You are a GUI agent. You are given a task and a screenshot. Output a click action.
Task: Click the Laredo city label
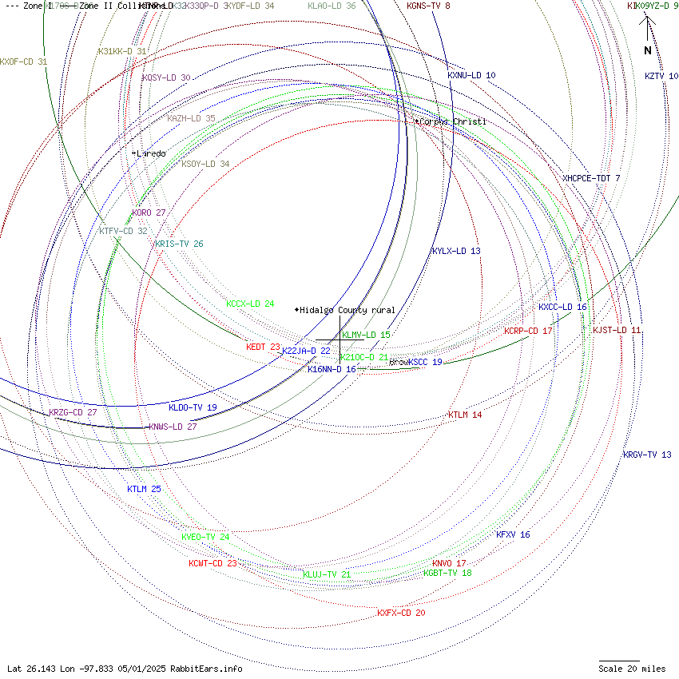click(151, 153)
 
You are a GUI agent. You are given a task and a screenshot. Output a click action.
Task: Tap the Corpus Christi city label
click(452, 121)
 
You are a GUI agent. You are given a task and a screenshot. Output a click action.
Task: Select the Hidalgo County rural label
click(347, 310)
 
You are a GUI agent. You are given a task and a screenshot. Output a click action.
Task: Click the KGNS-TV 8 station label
click(428, 6)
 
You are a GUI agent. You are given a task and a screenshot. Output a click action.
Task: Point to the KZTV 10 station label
click(661, 77)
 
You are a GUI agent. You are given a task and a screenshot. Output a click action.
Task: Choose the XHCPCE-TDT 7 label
click(591, 178)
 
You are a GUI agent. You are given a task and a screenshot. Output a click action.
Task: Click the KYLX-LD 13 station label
click(456, 251)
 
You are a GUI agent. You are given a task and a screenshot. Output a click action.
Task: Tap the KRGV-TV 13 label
click(647, 455)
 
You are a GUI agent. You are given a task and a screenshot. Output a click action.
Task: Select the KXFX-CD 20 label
click(401, 613)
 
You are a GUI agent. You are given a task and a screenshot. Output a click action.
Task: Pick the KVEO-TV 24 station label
click(205, 537)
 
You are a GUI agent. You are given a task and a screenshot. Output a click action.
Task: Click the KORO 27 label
click(149, 213)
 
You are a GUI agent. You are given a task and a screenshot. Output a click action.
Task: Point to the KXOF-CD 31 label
click(24, 62)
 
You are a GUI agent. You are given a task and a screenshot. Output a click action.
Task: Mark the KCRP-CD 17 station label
click(528, 331)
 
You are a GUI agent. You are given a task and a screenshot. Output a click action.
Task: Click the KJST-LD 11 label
click(617, 330)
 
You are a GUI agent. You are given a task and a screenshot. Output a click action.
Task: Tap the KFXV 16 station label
click(513, 534)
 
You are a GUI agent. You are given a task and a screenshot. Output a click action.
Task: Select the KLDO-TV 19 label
click(193, 407)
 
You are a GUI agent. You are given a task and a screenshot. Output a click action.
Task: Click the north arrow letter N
click(648, 50)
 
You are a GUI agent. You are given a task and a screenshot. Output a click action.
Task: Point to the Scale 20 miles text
click(632, 669)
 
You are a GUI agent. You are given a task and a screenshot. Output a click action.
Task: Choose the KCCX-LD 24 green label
click(250, 304)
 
